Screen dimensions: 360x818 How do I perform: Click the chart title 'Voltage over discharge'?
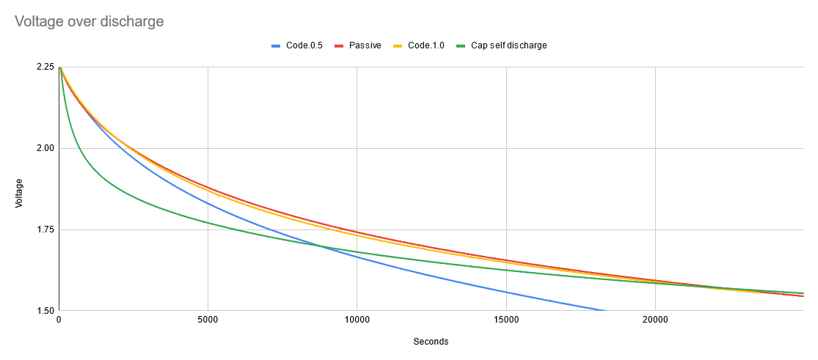point(90,21)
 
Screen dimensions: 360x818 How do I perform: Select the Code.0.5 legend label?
point(306,45)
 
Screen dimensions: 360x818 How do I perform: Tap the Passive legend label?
point(365,45)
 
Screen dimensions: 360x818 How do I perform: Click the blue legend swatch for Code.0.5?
point(277,45)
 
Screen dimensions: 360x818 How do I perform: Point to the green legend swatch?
point(461,45)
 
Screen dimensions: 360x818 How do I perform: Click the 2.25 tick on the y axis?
point(45,67)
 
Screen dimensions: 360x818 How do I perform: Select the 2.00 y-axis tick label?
point(45,148)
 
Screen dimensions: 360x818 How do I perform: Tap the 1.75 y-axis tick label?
point(45,229)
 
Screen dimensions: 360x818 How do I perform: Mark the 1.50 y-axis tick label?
point(45,311)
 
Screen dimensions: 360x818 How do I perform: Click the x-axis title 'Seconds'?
point(431,342)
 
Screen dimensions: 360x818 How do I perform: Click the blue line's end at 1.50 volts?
point(606,310)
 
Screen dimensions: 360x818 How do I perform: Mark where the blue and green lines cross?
point(321,246)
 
